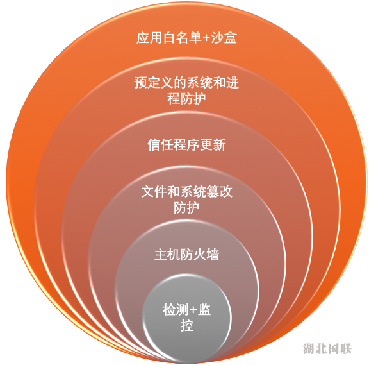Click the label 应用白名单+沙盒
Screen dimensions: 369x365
pyautogui.click(x=186, y=38)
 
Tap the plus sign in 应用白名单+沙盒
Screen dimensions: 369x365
pyautogui.click(x=206, y=38)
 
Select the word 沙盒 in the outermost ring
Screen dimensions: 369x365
pyautogui.click(x=224, y=38)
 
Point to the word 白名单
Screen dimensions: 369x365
pyautogui.click(x=182, y=38)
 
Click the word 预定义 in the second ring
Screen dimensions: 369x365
pyautogui.click(x=154, y=83)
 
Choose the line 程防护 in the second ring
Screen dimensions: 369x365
pyautogui.click(x=186, y=99)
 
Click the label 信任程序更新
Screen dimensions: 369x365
pyautogui.click(x=186, y=144)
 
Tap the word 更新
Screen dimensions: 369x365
pyautogui.click(x=213, y=144)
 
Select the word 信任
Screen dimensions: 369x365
pyautogui.click(x=160, y=144)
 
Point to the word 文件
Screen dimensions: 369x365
pyautogui.click(x=154, y=192)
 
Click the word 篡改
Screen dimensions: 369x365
pyautogui.click(x=219, y=192)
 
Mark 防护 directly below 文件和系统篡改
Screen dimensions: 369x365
pyautogui.click(x=186, y=208)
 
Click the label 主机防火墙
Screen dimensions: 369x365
pyautogui.click(x=186, y=255)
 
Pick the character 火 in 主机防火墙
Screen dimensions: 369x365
pyautogui.click(x=200, y=255)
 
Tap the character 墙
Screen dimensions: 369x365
pyautogui.click(x=213, y=255)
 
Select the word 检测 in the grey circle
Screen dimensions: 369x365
pyautogui.click(x=176, y=310)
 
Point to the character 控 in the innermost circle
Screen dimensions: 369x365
pyautogui.click(x=186, y=326)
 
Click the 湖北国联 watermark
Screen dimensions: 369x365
pyautogui.click(x=327, y=348)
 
